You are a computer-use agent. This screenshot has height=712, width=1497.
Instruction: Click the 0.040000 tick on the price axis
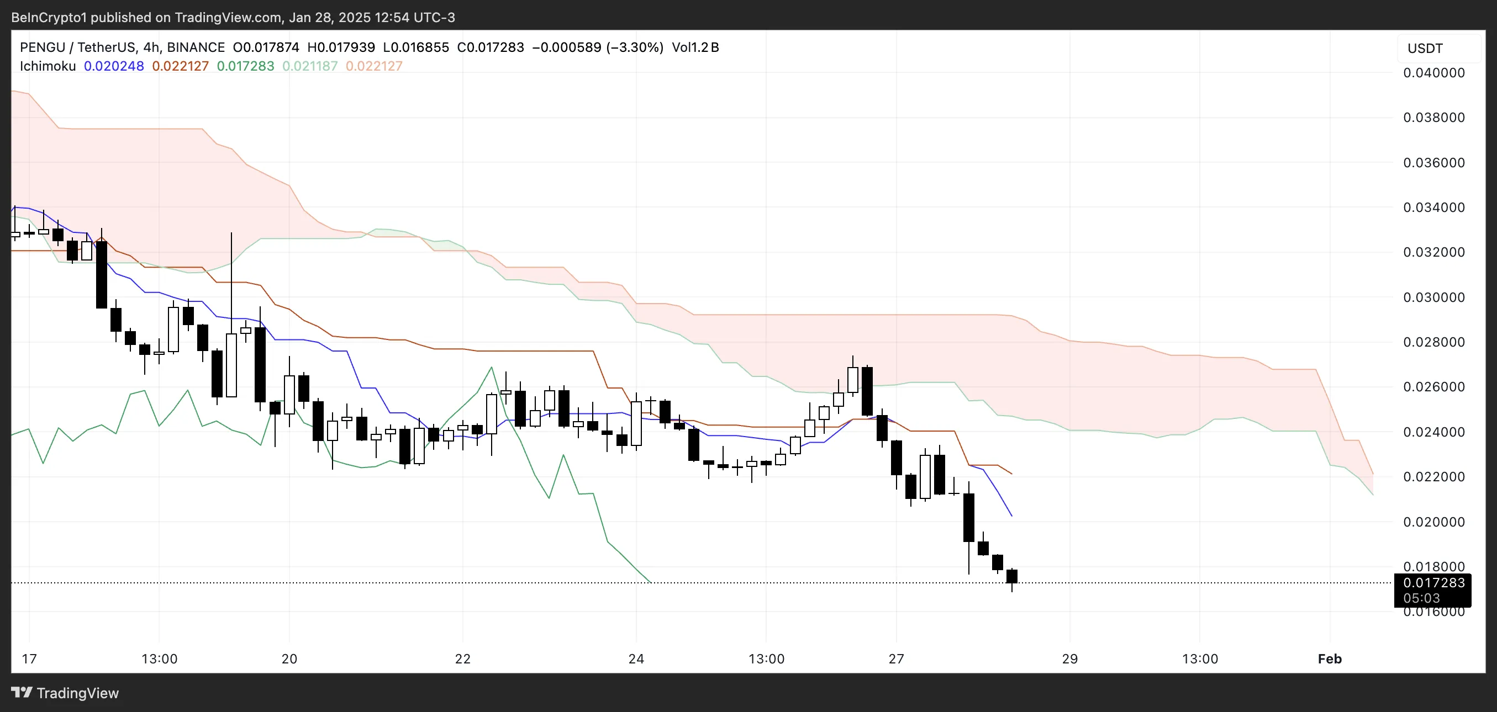[x=1433, y=73]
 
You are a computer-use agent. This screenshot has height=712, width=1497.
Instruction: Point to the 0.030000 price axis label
[x=1433, y=297]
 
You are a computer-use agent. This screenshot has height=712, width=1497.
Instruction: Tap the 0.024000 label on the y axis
[x=1433, y=432]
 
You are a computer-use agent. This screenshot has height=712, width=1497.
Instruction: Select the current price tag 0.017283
[x=1433, y=582]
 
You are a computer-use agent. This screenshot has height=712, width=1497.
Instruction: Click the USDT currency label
[x=1425, y=48]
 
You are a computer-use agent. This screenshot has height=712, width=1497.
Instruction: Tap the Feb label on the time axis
[x=1330, y=658]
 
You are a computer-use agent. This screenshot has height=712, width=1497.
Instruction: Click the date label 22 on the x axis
[x=462, y=658]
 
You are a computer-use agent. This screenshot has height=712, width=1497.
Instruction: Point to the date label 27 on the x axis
[x=896, y=658]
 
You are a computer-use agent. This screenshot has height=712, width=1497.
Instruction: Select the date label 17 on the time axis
[x=29, y=658]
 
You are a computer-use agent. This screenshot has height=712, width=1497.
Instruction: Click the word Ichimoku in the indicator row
[x=48, y=66]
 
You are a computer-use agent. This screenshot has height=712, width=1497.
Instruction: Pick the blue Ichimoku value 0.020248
[x=114, y=66]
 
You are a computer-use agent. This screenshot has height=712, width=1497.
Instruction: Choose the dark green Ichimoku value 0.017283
[x=245, y=66]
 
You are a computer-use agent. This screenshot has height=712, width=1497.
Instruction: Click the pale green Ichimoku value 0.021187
[x=310, y=66]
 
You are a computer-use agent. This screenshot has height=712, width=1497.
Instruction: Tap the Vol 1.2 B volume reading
[x=695, y=47]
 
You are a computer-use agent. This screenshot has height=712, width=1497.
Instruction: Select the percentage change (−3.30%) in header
[x=635, y=47]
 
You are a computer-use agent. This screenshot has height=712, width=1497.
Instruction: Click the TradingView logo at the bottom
[x=65, y=693]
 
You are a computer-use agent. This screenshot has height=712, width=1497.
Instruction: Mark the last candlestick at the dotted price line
[x=1012, y=577]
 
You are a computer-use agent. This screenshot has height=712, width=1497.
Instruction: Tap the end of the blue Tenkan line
[x=1012, y=515]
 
